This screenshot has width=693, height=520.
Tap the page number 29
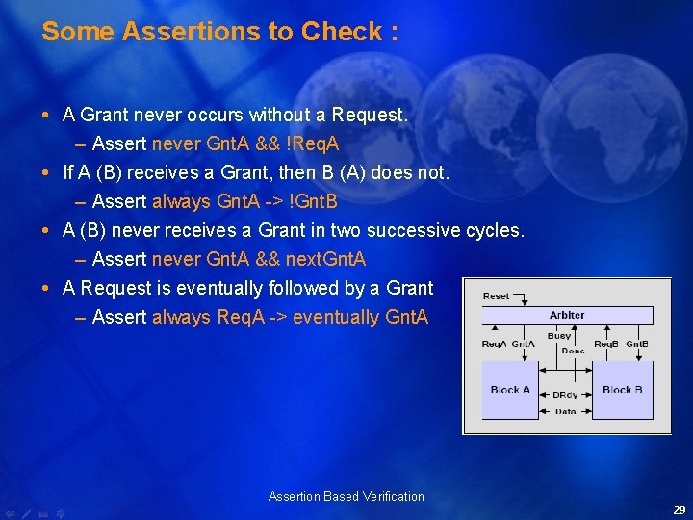(x=679, y=510)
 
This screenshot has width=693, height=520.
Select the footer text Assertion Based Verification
(x=346, y=497)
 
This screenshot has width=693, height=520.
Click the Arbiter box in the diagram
(x=567, y=315)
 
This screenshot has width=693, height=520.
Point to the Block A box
(x=510, y=389)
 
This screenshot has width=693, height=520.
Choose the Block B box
(x=622, y=389)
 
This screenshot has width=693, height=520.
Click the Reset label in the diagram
(x=496, y=296)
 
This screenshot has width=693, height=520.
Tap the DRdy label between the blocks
(x=565, y=395)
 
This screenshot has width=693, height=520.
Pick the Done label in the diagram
(x=573, y=351)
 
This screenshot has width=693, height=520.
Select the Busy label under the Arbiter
(x=559, y=336)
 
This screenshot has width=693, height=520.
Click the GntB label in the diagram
(x=637, y=344)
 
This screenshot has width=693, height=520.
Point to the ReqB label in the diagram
(x=605, y=344)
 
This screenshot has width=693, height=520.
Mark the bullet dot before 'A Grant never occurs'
(x=49, y=116)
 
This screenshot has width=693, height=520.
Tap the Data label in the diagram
(x=565, y=411)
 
